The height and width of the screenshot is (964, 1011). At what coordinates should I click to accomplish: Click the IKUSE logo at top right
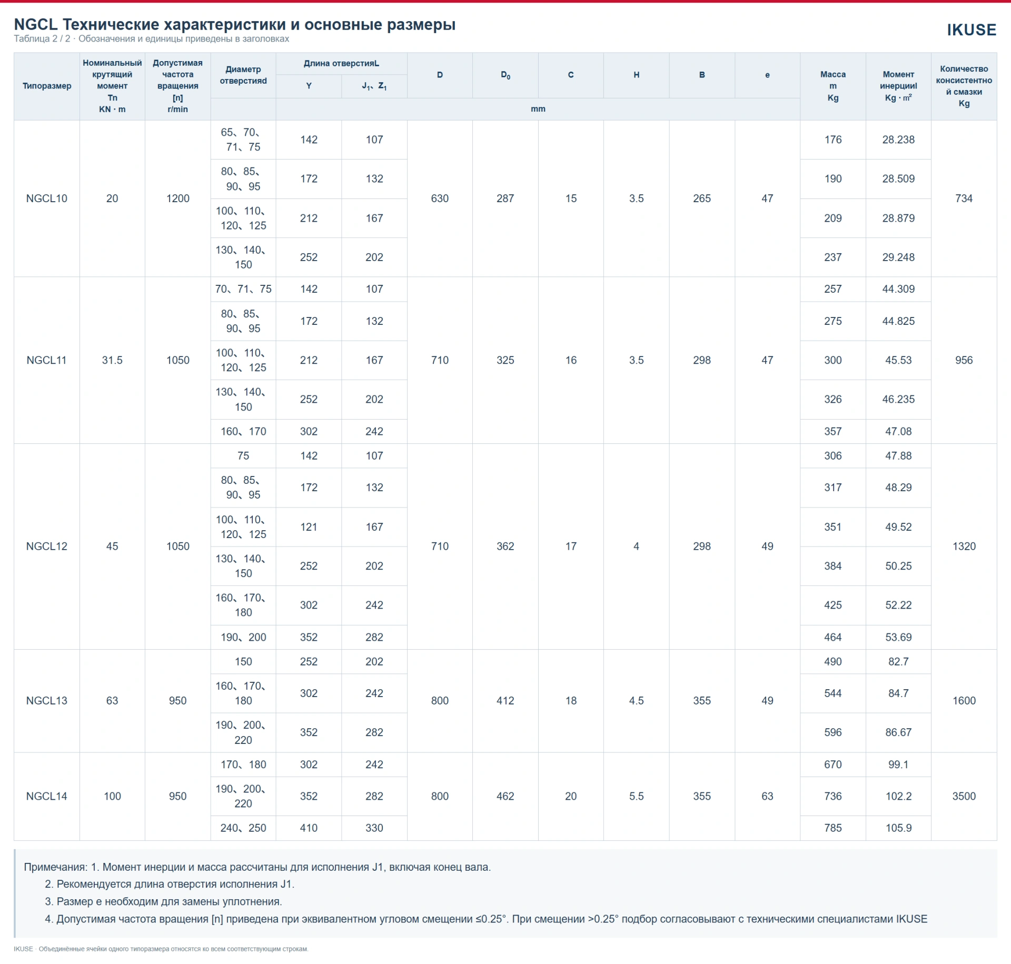[x=972, y=30]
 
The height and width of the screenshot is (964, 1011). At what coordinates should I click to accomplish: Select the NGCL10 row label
[x=47, y=198]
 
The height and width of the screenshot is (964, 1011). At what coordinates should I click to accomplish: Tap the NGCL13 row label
[x=47, y=701]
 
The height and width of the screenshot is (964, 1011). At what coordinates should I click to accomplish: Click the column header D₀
[x=506, y=75]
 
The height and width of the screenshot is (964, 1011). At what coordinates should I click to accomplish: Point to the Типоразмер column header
[x=47, y=86]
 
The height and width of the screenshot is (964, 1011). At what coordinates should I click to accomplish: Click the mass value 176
[x=833, y=140]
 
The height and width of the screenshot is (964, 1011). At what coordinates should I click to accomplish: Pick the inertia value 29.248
[x=898, y=257]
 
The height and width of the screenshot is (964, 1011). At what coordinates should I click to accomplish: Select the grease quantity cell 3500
[x=964, y=796]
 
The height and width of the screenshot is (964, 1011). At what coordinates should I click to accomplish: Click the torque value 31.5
[x=112, y=360]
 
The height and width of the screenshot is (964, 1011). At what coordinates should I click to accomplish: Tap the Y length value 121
[x=309, y=527]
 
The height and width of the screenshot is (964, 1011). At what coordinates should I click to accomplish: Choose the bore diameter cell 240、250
[x=243, y=828]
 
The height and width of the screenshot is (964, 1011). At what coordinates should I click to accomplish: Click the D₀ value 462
[x=506, y=796]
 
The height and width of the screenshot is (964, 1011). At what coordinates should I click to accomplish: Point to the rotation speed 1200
[x=178, y=198]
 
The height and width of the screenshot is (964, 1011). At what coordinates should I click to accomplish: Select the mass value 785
[x=833, y=828]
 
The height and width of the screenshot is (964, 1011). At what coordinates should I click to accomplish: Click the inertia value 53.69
[x=898, y=637]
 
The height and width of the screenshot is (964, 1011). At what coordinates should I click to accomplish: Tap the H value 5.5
[x=637, y=796]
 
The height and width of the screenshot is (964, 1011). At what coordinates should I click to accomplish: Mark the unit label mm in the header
[x=538, y=109]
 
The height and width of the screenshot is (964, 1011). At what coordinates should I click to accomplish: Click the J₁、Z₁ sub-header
[x=374, y=86]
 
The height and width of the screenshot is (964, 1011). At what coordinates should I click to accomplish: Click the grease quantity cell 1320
[x=964, y=546]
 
